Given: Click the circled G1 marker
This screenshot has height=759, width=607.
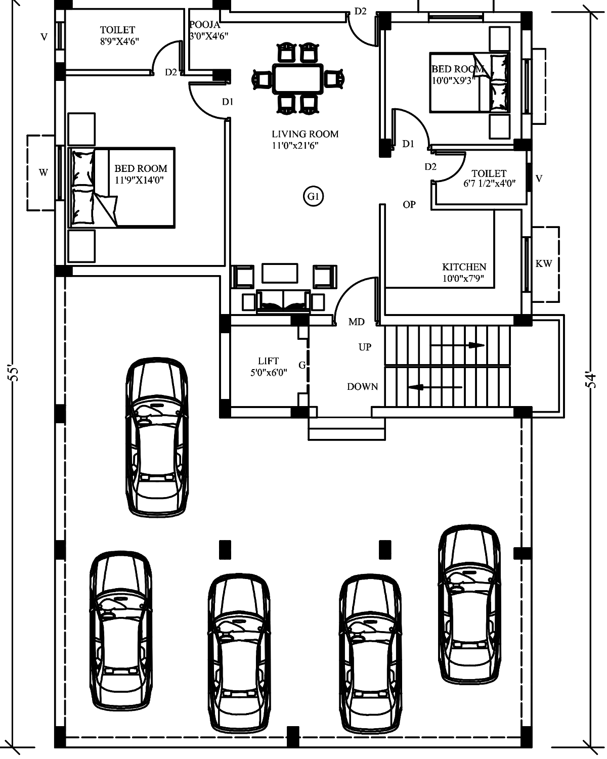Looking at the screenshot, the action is pyautogui.click(x=314, y=196).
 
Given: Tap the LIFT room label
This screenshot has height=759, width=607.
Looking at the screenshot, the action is pyautogui.click(x=268, y=361).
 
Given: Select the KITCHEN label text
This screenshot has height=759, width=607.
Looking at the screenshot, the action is pyautogui.click(x=464, y=266).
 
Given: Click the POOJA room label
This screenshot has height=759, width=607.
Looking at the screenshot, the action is pyautogui.click(x=205, y=25).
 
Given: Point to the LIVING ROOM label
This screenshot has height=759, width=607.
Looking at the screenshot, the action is pyautogui.click(x=305, y=134).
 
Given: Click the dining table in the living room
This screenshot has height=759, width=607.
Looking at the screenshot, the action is pyautogui.click(x=298, y=79).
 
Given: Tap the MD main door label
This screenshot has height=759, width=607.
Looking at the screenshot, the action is pyautogui.click(x=357, y=322).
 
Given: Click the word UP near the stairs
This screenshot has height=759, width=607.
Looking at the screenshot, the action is pyautogui.click(x=365, y=347).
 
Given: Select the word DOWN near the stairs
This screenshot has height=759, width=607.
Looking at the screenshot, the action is pyautogui.click(x=363, y=386).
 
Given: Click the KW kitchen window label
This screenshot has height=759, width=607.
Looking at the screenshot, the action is pyautogui.click(x=543, y=263).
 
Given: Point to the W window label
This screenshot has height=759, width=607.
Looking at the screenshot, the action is pyautogui.click(x=44, y=172).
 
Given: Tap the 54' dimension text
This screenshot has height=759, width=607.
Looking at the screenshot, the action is pyautogui.click(x=591, y=379).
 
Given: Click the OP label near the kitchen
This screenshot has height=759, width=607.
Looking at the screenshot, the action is pyautogui.click(x=409, y=205).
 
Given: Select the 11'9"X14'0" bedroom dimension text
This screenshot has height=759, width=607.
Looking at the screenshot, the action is pyautogui.click(x=139, y=180).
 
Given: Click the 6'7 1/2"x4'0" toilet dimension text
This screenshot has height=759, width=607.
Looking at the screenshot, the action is pyautogui.click(x=490, y=184).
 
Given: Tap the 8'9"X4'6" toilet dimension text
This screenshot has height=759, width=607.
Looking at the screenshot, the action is pyautogui.click(x=119, y=41).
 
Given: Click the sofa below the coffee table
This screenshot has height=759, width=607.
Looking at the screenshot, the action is pyautogui.click(x=284, y=301).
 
